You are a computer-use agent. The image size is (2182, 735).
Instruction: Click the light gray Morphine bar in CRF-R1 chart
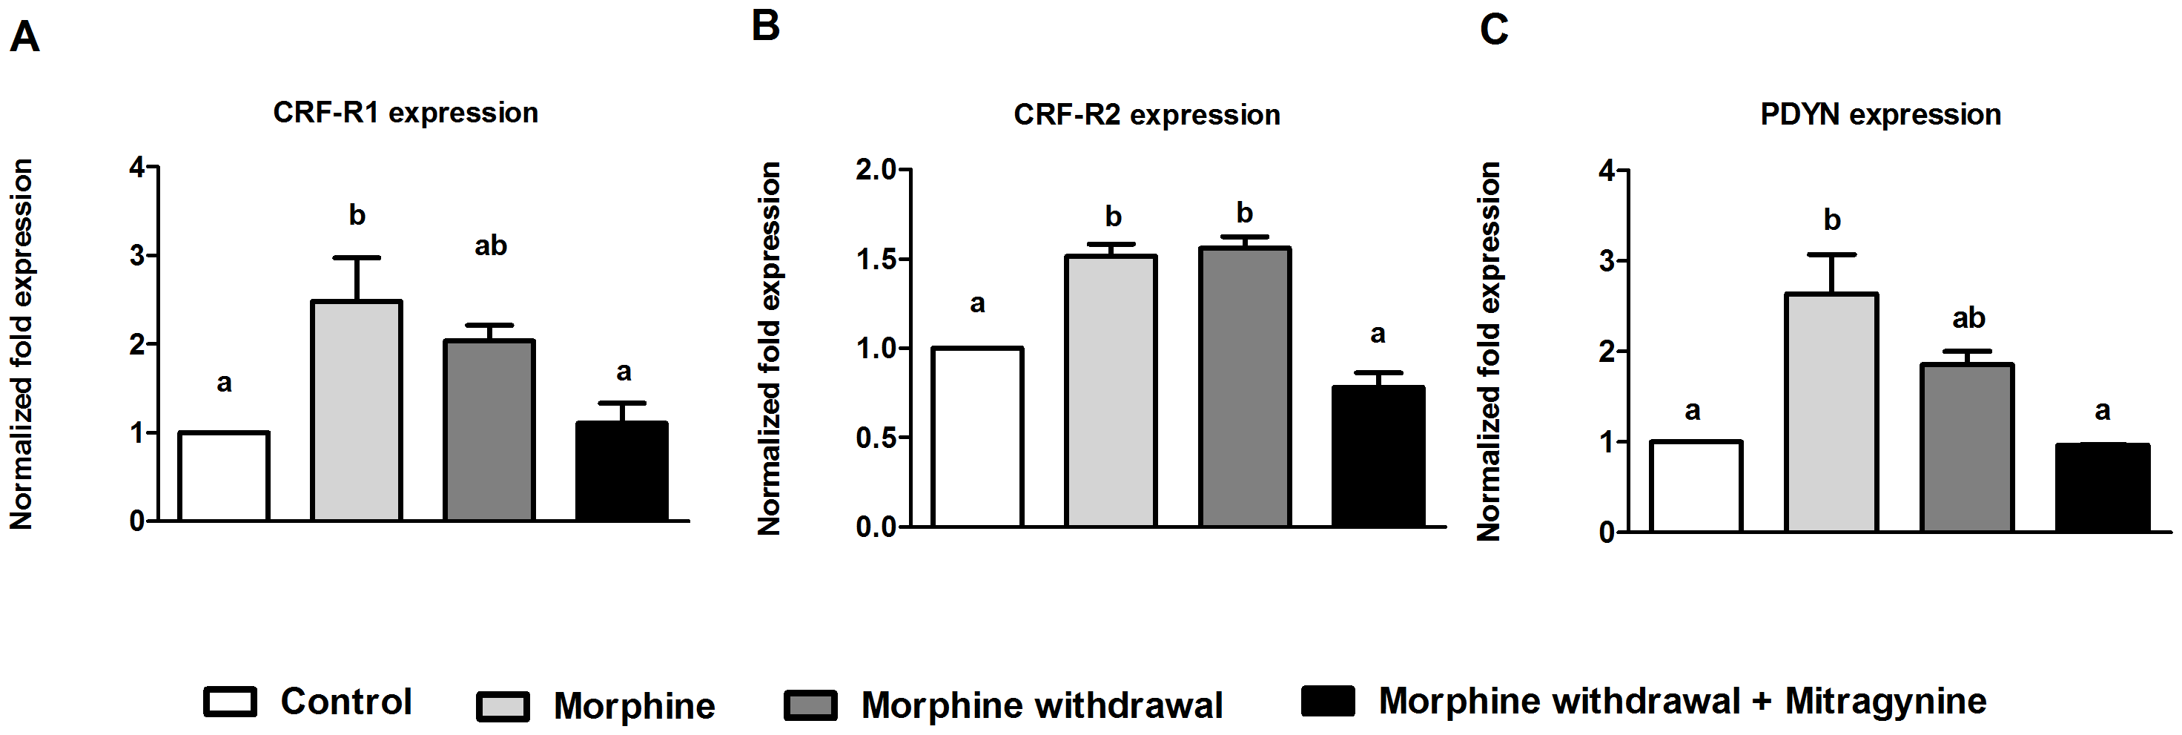357,410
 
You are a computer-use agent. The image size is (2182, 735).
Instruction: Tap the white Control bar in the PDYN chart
1696,487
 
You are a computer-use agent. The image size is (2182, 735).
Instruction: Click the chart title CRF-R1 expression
405,113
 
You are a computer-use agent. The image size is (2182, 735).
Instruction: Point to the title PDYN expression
1880,114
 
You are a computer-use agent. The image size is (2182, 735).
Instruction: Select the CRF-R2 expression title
1147,114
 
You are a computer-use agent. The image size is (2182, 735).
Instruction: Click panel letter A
24,38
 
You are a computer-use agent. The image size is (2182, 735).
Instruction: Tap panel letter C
1494,30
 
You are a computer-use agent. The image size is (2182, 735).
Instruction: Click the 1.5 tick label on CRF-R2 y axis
876,260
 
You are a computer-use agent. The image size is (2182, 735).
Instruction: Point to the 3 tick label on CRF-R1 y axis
137,255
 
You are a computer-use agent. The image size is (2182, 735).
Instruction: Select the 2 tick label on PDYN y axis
1606,351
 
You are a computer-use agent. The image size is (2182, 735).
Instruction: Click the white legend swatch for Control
231,702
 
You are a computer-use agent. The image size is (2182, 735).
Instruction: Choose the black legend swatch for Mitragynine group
1328,701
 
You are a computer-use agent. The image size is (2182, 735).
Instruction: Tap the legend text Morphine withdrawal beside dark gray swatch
1042,705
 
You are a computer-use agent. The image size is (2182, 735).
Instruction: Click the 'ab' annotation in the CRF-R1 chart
490,245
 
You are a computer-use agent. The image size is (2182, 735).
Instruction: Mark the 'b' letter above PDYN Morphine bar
1832,220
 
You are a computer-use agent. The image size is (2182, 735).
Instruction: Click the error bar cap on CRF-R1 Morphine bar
357,257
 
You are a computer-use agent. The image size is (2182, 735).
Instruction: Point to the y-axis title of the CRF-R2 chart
769,349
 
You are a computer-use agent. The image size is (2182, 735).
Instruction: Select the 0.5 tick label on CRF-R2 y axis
876,438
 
